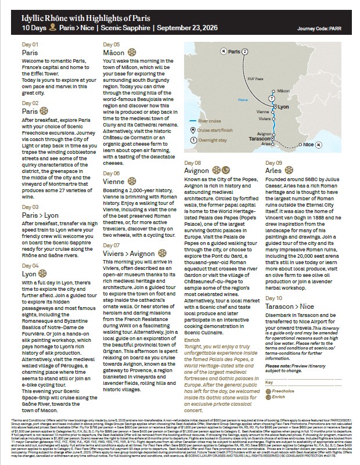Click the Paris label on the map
pyautogui.click(x=233, y=52)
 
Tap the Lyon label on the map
pyautogui.click(x=284, y=107)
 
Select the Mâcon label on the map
pyautogui.click(x=283, y=91)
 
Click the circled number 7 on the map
pyautogui.click(x=271, y=99)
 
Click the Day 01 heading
pyautogui.click(x=30, y=45)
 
